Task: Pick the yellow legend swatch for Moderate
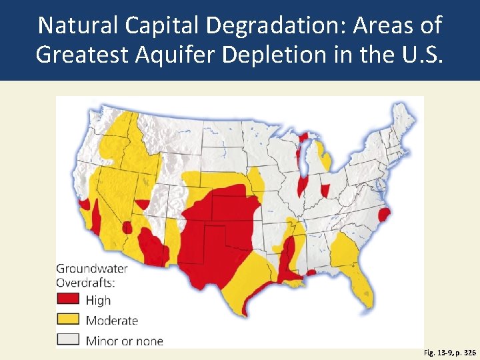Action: coord(68,320)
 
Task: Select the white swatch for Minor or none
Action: coord(68,340)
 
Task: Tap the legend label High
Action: coord(98,301)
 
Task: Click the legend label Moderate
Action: coord(111,321)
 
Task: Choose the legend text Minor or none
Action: coord(124,341)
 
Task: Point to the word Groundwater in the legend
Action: coord(91,269)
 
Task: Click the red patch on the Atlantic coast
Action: coord(383,215)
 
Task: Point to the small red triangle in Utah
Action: coord(143,204)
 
